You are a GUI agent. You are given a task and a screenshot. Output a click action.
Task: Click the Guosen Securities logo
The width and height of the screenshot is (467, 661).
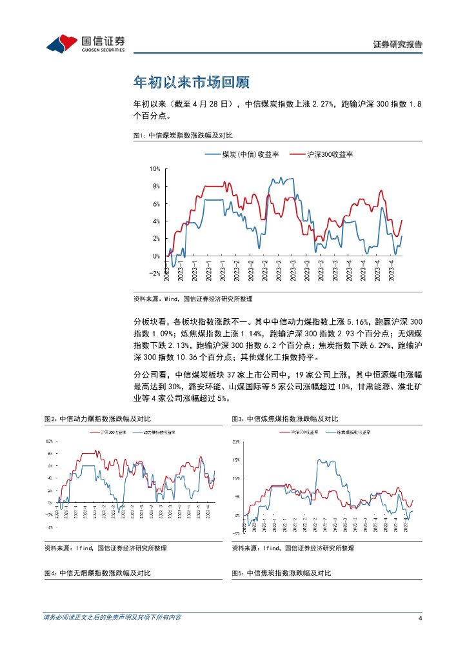85,43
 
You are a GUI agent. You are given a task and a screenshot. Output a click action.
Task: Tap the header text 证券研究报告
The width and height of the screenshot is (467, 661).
398,45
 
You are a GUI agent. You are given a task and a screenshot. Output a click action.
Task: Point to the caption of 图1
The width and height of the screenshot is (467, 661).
182,136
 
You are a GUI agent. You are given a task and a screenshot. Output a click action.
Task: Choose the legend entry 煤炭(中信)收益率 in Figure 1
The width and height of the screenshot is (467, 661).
242,155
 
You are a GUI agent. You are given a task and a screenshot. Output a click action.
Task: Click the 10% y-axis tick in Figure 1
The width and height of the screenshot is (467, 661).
155,169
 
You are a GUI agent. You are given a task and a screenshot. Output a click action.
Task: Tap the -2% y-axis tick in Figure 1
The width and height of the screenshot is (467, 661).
155,274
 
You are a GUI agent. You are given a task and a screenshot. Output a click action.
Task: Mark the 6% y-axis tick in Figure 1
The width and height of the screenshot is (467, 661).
155,204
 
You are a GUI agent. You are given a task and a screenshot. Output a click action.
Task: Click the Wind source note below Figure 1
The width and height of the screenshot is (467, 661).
192,299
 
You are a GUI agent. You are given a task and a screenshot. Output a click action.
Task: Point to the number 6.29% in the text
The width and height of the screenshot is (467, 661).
377,346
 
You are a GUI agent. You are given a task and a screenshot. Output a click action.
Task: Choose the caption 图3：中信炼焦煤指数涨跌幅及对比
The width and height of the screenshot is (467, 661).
284,420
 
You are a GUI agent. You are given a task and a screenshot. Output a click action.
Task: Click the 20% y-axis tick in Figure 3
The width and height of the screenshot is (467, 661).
236,442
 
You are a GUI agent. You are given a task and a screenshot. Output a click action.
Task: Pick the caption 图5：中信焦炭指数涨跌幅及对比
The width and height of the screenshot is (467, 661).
281,573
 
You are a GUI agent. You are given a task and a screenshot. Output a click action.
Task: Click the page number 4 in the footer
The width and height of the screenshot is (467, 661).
420,618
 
